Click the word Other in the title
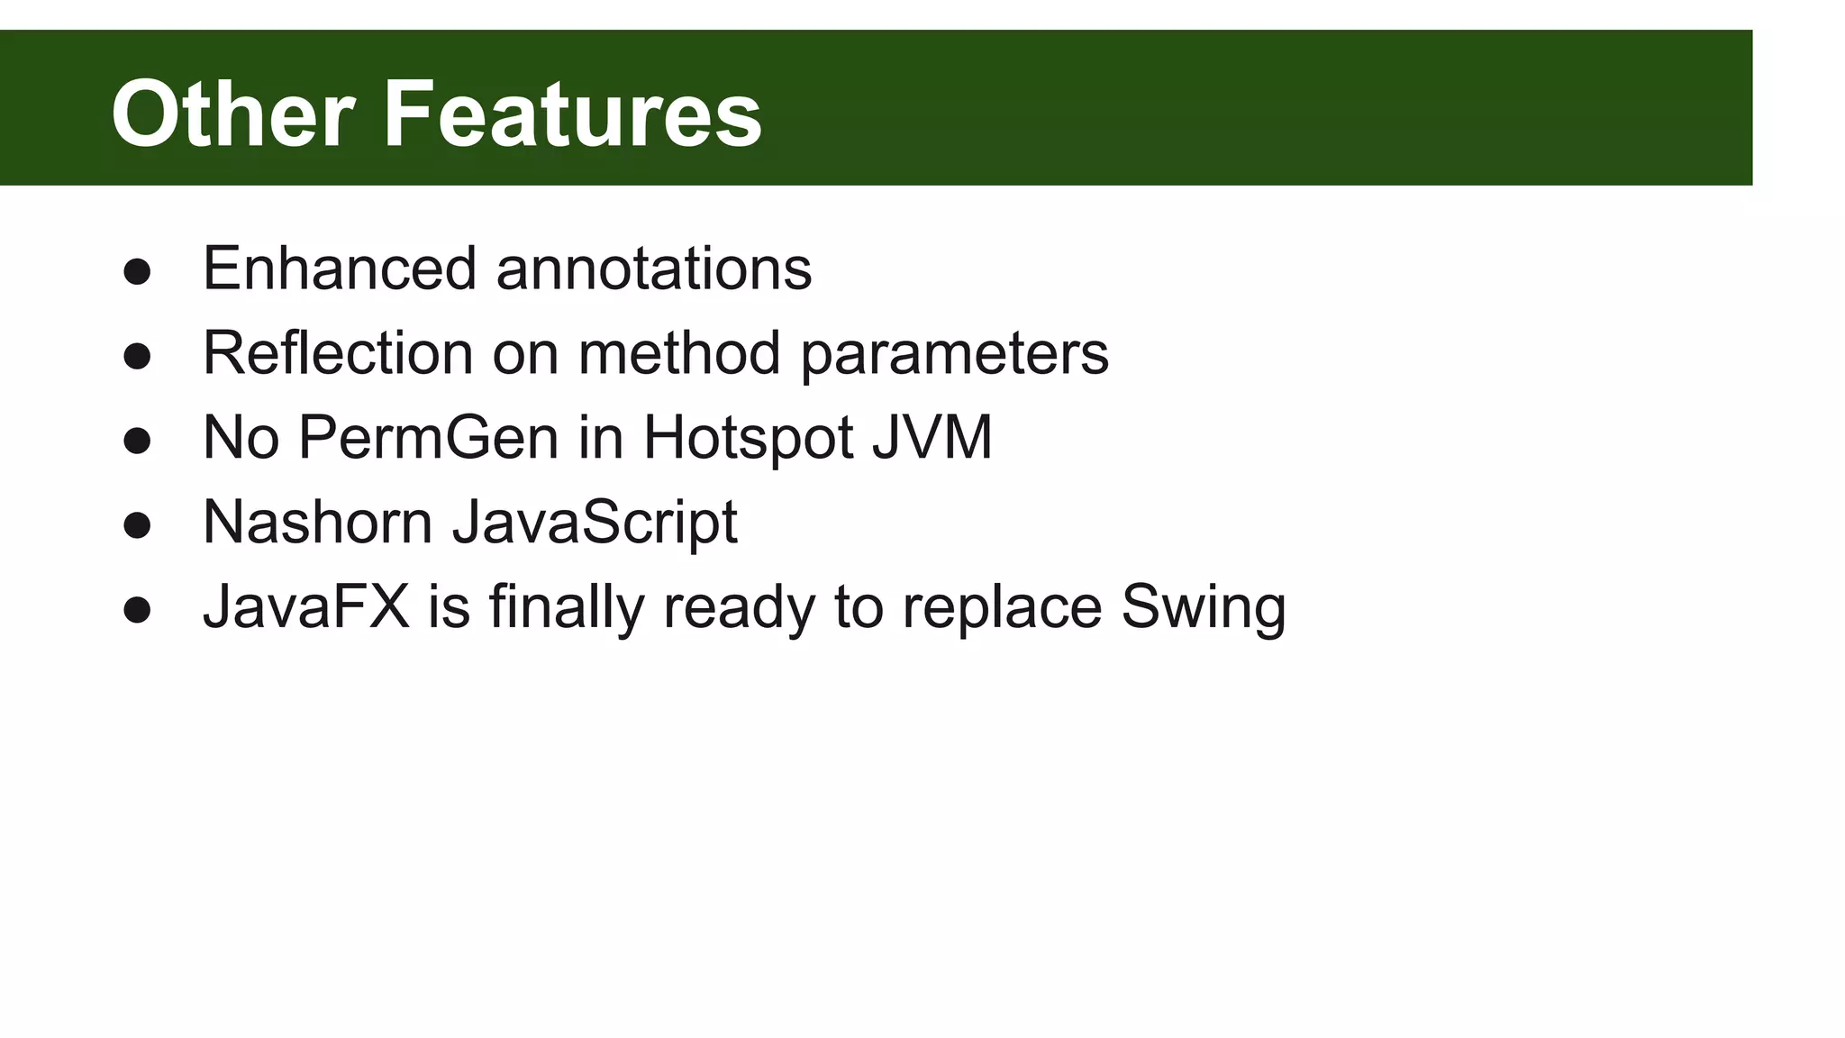232,114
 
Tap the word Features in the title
573,114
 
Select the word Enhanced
340,269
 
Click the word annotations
654,269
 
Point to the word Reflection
338,352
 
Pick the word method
679,352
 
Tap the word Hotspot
747,438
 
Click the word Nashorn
317,522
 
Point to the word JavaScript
595,524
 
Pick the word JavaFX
306,606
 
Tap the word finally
567,608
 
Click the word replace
1002,608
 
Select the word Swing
1204,608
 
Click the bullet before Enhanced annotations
137,272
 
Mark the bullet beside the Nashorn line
137,525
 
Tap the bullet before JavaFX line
137,610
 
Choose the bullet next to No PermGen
137,441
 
